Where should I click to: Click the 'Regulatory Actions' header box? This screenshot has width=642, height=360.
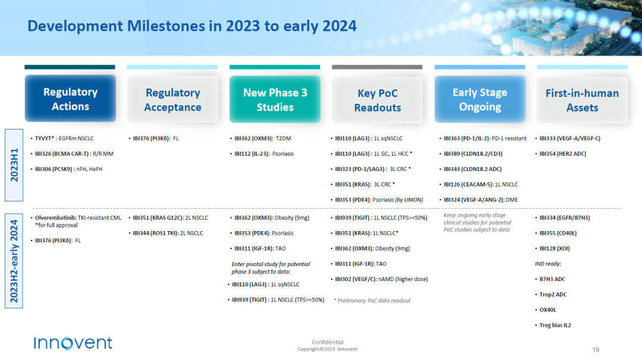(70, 99)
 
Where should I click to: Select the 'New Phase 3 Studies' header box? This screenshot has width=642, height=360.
(275, 99)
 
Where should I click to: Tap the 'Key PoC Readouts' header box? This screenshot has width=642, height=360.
(377, 100)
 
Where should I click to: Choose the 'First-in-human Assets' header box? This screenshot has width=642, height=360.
(582, 100)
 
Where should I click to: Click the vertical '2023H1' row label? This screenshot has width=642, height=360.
(14, 165)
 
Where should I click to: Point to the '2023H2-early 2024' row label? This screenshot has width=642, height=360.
(14, 261)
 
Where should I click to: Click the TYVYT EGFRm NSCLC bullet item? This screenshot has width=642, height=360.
(64, 138)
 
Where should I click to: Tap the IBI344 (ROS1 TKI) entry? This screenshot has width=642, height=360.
(168, 233)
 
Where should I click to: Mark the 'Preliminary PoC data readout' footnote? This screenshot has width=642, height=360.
(372, 300)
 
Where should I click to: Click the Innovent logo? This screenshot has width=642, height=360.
(73, 343)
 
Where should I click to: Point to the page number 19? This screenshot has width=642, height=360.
(596, 350)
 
